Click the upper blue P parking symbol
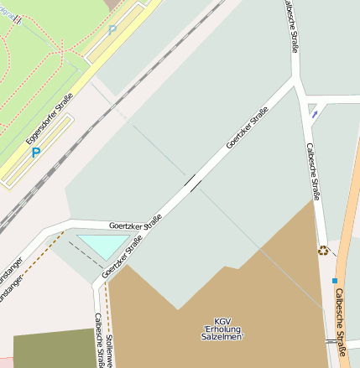pyautogui.click(x=112, y=30)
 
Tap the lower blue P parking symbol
pyautogui.click(x=35, y=153)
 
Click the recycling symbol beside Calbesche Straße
pyautogui.click(x=323, y=249)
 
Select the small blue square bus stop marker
pyautogui.click(x=335, y=280)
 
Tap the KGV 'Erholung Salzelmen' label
pyautogui.click(x=222, y=329)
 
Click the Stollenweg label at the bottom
pyautogui.click(x=109, y=348)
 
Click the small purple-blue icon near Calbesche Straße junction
pyautogui.click(x=313, y=111)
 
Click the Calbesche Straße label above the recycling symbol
pyautogui.click(x=314, y=172)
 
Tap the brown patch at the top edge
pyautogui.click(x=112, y=5)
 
